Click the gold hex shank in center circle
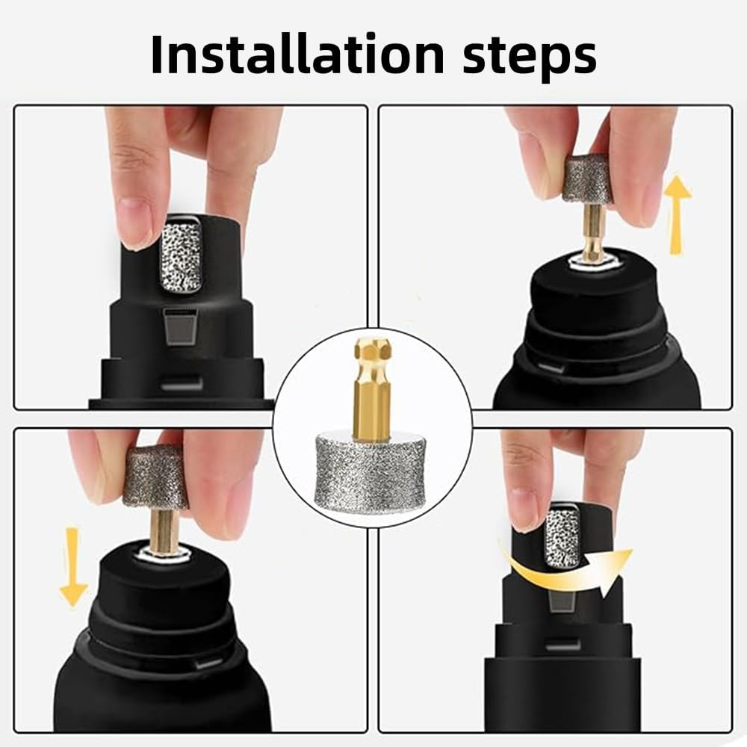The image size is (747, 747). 371,388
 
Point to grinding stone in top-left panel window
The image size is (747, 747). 182,254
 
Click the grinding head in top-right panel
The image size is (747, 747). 587,179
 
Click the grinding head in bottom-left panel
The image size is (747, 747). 155,477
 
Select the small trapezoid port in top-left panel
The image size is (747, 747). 182,327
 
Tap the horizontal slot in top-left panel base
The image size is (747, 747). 182,384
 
